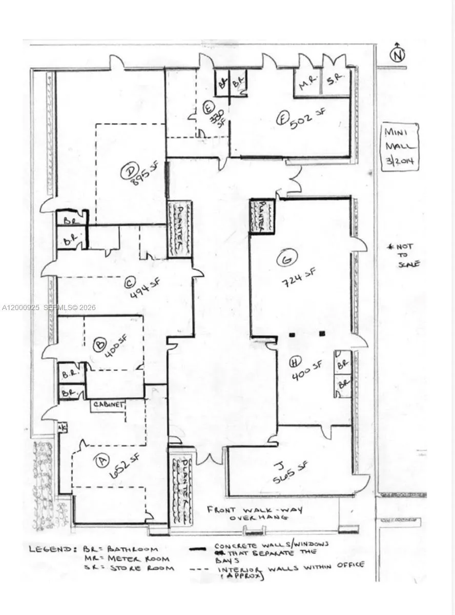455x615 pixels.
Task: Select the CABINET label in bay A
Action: point(108,405)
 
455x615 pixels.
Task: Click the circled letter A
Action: point(102,461)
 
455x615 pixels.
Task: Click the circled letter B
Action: point(99,345)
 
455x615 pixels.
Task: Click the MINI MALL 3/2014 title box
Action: point(400,146)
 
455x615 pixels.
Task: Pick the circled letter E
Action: point(208,108)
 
